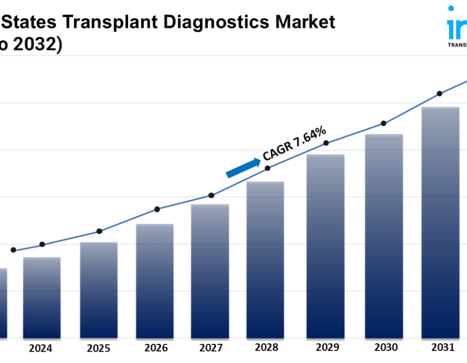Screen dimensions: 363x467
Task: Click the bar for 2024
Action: pos(42,298)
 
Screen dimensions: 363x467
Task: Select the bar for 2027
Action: pos(210,271)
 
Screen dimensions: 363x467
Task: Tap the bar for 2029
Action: pos(325,246)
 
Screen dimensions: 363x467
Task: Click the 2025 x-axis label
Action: pos(99,348)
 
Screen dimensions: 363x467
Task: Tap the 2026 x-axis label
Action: pos(156,348)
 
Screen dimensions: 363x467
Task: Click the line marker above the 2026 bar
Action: pos(157,209)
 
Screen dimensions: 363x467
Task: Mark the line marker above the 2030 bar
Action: pos(383,123)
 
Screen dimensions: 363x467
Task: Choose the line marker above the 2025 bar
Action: pos(100,231)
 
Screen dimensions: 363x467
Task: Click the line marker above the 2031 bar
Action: pos(439,94)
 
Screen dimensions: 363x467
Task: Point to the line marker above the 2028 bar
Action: pos(268,168)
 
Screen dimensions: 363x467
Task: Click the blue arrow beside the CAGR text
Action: pos(243,168)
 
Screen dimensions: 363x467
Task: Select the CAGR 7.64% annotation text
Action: pos(294,143)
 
